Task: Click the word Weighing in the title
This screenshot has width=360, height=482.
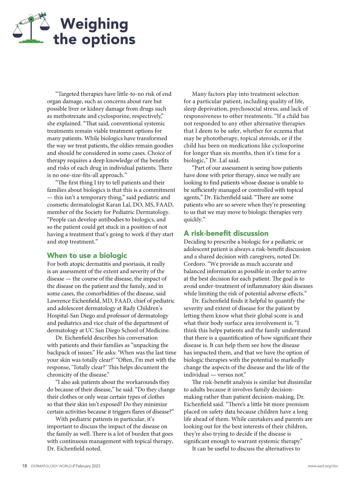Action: point(94,24)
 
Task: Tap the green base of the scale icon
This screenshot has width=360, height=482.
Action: point(31,41)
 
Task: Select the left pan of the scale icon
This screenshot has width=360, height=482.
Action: point(17,34)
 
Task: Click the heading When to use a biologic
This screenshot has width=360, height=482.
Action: point(87,255)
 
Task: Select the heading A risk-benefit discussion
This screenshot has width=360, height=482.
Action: point(226,233)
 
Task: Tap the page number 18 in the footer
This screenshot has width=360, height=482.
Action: point(25,466)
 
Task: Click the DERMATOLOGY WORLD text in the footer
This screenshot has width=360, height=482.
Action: point(51,466)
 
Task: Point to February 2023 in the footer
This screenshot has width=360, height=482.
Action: point(88,466)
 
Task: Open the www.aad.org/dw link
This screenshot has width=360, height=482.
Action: point(322,466)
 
